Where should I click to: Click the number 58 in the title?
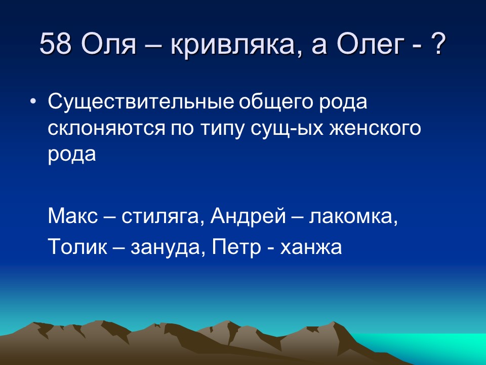point(56,45)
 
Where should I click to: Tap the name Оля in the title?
point(109,45)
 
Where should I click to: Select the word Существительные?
point(141,102)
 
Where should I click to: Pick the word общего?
point(273,103)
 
